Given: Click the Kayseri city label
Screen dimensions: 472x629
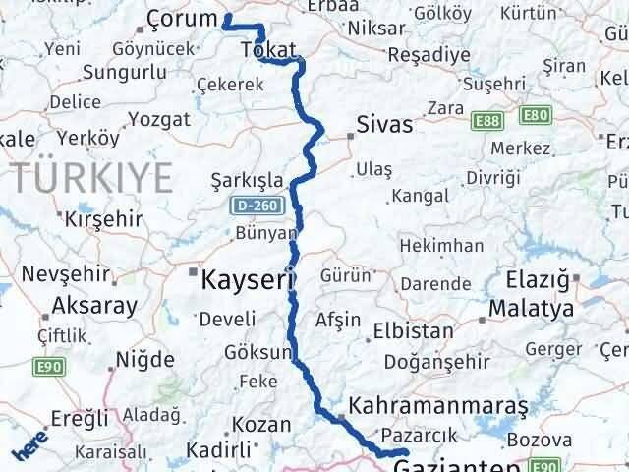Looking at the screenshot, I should click(248, 280).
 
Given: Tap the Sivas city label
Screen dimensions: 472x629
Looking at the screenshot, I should click(384, 125).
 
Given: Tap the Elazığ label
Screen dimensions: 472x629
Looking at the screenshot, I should click(537, 283).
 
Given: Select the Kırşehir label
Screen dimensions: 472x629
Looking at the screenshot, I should click(102, 220).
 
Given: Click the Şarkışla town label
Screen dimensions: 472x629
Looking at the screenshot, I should click(247, 181).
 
